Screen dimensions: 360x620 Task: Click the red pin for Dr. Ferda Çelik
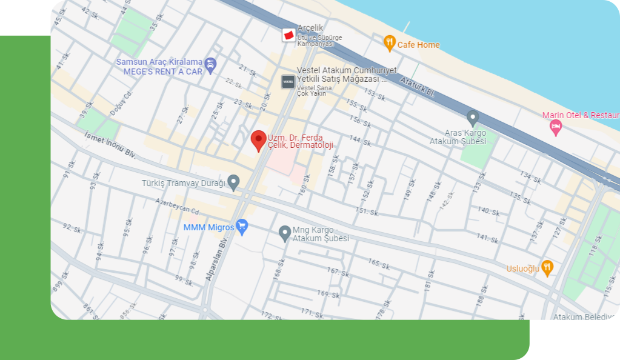coord(259,139)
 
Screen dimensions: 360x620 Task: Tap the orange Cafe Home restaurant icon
coord(390,42)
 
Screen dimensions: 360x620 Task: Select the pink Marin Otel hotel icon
coord(555,127)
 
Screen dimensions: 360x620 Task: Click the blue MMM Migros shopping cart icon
coord(242,227)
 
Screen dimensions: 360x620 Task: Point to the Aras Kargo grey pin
coord(473,118)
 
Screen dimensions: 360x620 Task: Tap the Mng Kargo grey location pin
coord(284,233)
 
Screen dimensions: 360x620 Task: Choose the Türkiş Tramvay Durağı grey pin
coord(233,181)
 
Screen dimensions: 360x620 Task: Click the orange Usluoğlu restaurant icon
coord(547,267)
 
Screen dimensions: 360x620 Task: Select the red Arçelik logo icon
coord(289,35)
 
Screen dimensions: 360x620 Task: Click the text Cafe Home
coord(418,45)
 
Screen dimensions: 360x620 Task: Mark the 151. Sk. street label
coord(367,210)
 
